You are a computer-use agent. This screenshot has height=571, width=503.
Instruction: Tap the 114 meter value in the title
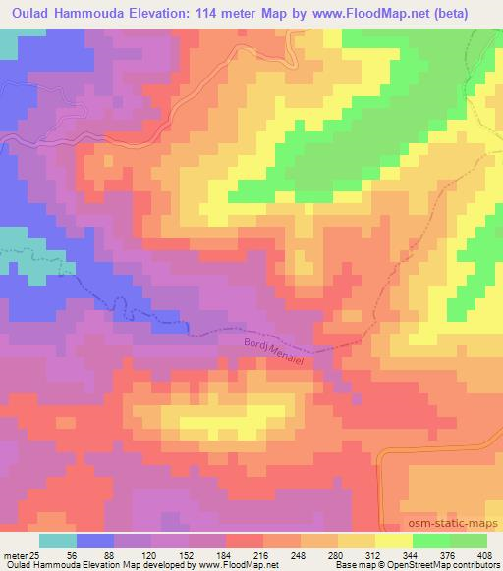201,13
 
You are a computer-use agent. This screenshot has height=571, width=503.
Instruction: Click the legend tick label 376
444,554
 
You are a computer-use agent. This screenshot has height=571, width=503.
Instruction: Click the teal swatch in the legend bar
59,541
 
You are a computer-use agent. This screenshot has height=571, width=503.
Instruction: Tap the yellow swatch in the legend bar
393,541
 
